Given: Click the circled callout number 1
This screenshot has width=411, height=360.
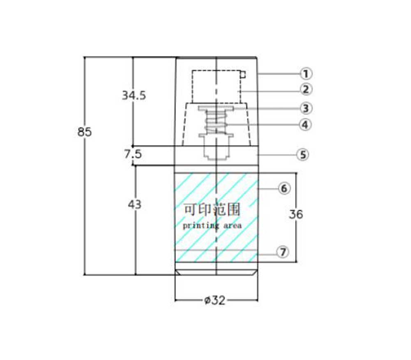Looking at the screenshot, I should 306,74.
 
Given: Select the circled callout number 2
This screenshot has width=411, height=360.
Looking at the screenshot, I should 306,89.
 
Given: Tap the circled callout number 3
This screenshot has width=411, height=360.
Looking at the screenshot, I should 306,108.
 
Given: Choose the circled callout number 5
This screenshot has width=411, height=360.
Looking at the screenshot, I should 302,155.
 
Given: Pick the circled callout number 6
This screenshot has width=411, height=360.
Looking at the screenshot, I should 284,188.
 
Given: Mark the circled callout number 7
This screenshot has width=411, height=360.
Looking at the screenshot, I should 283,252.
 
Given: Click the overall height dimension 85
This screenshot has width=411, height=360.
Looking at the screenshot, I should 85,132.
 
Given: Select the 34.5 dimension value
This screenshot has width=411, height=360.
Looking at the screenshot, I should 134,95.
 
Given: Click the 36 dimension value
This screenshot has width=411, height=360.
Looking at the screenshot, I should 296,214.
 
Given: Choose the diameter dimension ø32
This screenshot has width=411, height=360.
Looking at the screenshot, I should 215,300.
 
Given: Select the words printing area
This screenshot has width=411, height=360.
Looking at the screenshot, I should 212,225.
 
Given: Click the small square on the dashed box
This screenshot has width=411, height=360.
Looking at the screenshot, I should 243,74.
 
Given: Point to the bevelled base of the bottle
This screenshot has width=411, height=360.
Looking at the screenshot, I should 216,272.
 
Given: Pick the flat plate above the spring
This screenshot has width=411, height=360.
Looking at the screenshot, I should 216,109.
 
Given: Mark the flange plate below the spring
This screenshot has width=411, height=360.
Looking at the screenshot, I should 216,135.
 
